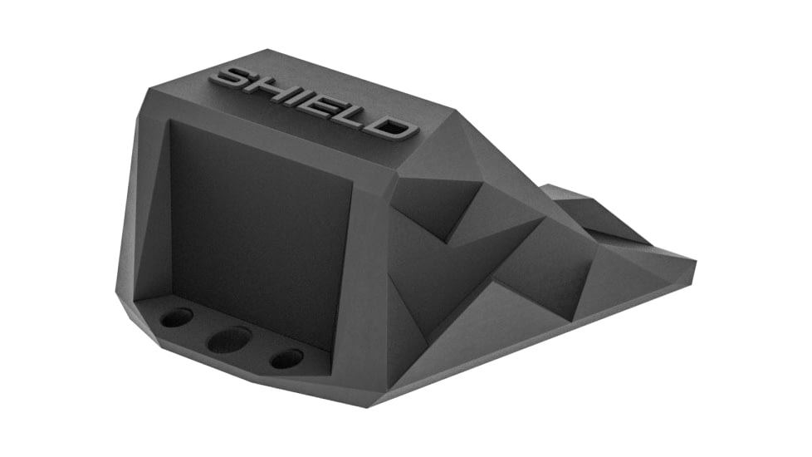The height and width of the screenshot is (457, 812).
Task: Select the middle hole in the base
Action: [229, 339]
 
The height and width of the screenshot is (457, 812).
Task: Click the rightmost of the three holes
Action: [286, 358]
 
